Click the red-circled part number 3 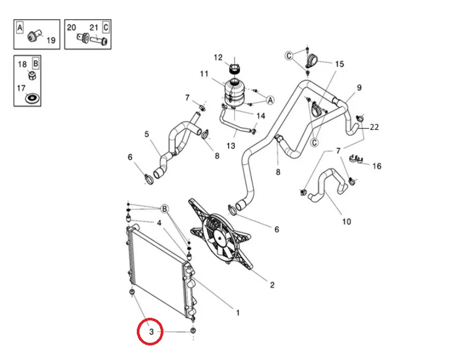pos(151,332)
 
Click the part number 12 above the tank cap pos(218,57)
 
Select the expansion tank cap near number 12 pos(234,68)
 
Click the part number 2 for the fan pos(272,285)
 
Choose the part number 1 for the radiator pos(238,313)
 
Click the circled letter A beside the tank pos(271,99)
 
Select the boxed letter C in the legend pos(106,27)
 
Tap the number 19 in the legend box pos(51,40)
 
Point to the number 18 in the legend pos(22,64)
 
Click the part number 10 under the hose pos(347,222)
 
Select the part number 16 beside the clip pos(377,166)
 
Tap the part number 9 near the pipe pos(358,87)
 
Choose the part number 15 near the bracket pos(339,64)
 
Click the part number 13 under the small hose pos(232,146)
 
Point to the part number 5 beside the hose pos(147,134)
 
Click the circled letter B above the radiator pos(165,209)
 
